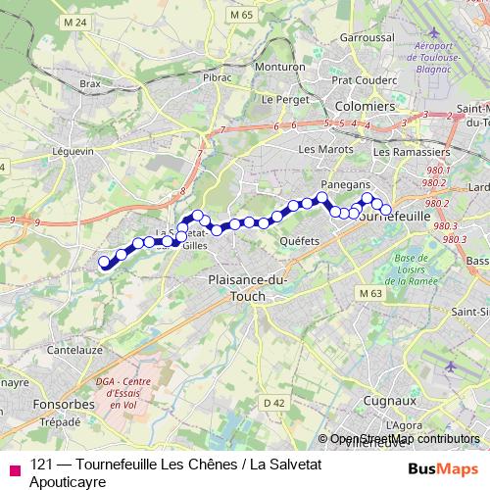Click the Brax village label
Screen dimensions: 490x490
click(90, 84)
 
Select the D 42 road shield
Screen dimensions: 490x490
click(274, 402)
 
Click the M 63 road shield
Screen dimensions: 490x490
click(369, 293)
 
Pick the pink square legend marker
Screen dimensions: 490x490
click(13, 468)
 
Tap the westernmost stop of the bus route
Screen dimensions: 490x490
click(104, 261)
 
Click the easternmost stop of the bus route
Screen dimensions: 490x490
click(386, 209)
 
